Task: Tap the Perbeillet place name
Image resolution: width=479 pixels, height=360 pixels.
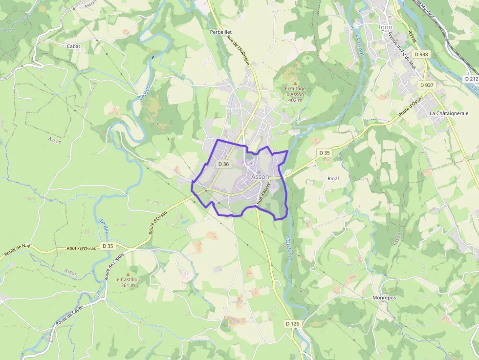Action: tap(220, 32)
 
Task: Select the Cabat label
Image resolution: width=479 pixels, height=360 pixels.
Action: tap(73, 46)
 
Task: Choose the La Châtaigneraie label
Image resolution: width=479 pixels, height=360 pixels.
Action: tap(449, 113)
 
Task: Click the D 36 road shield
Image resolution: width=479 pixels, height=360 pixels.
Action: tap(223, 164)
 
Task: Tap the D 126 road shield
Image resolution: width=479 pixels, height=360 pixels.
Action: tap(292, 324)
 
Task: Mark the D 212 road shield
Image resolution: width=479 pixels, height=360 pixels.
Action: tap(471, 79)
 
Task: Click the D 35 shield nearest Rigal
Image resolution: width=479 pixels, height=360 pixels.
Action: tap(325, 153)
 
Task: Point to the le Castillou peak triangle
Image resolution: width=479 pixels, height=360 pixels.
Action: tap(128, 274)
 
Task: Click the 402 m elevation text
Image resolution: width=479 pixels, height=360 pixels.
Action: tap(295, 100)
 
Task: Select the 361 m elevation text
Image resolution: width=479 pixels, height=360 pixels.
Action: tap(128, 285)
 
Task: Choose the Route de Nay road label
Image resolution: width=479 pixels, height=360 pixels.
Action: tap(17, 251)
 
